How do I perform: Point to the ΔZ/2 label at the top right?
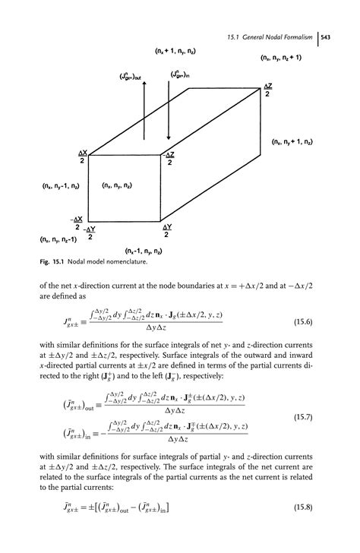[267, 90]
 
